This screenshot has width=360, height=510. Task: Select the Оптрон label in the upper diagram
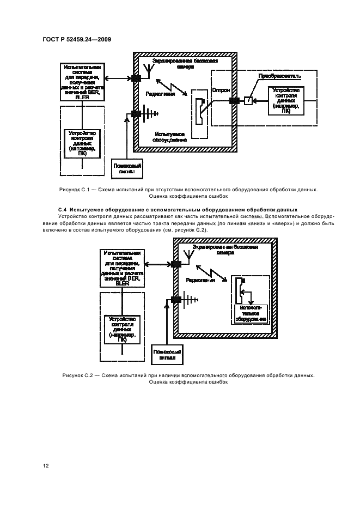221,89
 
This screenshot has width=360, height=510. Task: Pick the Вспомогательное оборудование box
251,313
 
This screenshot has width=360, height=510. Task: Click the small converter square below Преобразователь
248,101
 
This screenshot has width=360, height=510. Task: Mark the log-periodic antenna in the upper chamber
147,114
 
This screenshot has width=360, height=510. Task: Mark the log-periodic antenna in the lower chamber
188,299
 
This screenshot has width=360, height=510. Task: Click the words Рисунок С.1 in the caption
76,190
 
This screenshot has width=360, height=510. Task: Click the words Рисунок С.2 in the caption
79,375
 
